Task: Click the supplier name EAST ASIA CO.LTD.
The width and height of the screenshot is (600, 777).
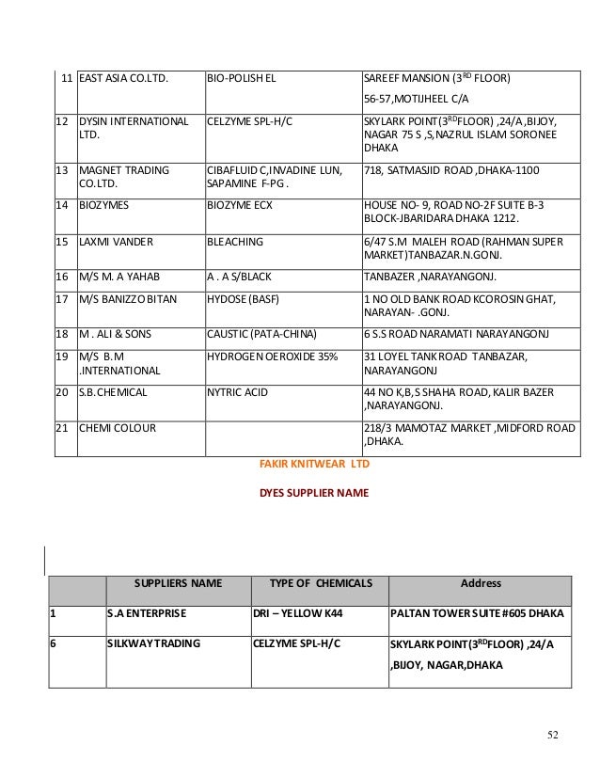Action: coord(122,78)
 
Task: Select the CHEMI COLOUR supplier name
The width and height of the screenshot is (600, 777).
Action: coord(118,426)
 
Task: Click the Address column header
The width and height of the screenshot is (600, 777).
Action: coord(480,584)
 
